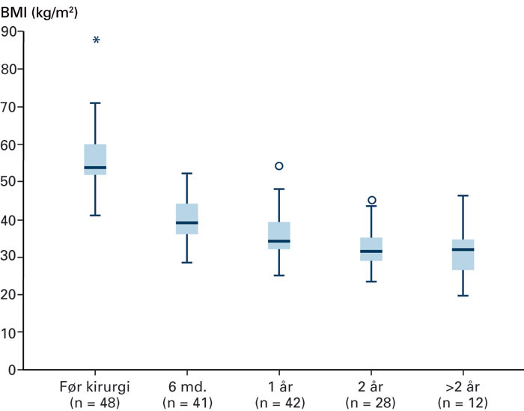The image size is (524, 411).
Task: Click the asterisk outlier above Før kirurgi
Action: pyautogui.click(x=96, y=40)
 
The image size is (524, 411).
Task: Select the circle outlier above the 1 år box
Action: pyautogui.click(x=279, y=166)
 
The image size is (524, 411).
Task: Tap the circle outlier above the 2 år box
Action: pyautogui.click(x=371, y=201)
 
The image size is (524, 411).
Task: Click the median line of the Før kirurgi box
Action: pyautogui.click(x=95, y=168)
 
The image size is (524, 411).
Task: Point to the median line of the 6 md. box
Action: pyautogui.click(x=187, y=222)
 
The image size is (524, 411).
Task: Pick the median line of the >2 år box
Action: pyautogui.click(x=463, y=249)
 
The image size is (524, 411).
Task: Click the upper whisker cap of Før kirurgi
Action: pyautogui.click(x=95, y=103)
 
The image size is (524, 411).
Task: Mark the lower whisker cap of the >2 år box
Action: pyautogui.click(x=463, y=296)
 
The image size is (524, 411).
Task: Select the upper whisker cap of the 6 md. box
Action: pyautogui.click(x=187, y=173)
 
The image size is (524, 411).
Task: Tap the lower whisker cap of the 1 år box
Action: pyautogui.click(x=279, y=275)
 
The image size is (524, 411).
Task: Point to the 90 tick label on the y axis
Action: pyautogui.click(x=10, y=31)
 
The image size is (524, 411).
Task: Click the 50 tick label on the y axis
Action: pyautogui.click(x=10, y=182)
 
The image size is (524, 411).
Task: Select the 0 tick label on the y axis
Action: pyautogui.click(x=13, y=370)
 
